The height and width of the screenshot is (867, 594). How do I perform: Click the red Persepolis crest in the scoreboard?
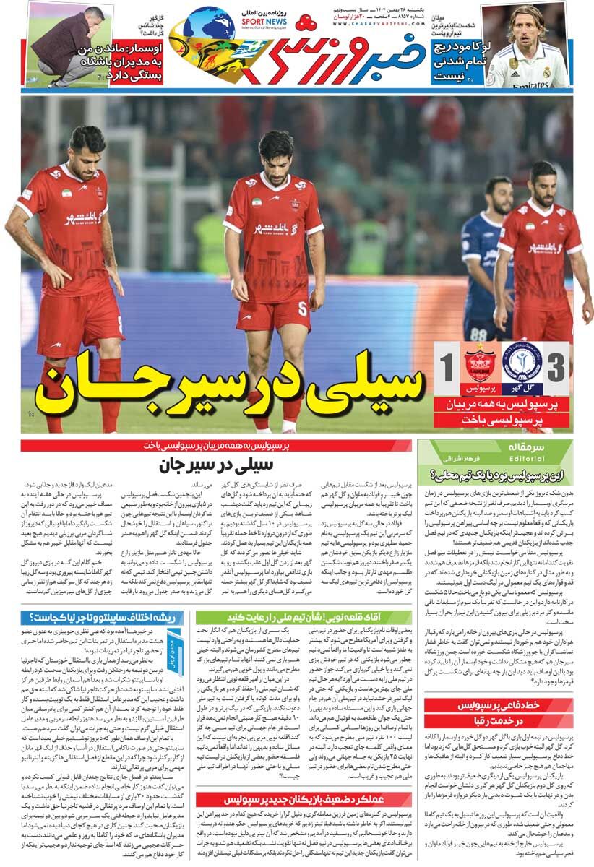click(480, 363)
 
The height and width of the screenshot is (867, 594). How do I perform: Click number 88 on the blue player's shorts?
click(478, 335)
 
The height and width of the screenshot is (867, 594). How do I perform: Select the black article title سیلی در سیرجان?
click(216, 465)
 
